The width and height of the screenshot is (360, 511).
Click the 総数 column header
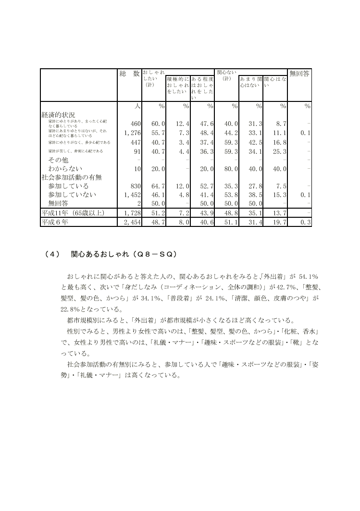[129, 74]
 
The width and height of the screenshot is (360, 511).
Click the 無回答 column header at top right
[299, 74]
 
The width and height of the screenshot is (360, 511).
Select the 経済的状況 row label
[58, 115]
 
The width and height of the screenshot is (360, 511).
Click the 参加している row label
[68, 186]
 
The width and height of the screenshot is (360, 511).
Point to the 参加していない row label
[72, 195]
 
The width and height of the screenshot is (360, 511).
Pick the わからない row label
[65, 168]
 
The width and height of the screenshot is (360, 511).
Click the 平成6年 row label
[56, 222]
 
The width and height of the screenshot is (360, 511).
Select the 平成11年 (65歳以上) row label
[73, 212]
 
